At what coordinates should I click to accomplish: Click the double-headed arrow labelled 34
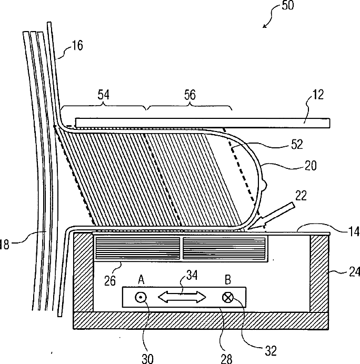coord(182,297)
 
